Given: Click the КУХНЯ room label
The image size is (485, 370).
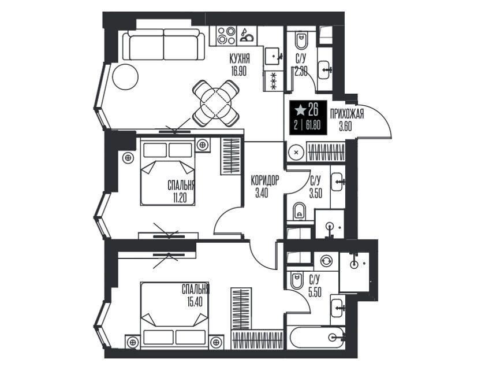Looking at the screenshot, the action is coord(240,58).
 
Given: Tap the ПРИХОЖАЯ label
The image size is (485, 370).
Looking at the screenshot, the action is coord(347,114).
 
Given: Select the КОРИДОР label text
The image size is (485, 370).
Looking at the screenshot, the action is coord(265,180).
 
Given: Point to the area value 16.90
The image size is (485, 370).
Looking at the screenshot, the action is coord(238,71).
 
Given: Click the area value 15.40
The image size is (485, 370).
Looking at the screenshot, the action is coord(195,302).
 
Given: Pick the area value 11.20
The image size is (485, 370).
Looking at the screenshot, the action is coord(180,198).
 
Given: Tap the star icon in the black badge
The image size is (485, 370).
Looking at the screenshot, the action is coord(300,110).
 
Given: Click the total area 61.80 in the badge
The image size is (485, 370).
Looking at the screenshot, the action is coord(313,125).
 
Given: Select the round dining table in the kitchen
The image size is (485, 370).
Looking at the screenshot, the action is coord(215,103).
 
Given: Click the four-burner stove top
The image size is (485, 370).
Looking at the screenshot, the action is coord(226,36).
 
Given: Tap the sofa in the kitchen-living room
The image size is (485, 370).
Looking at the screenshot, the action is coord(163,46).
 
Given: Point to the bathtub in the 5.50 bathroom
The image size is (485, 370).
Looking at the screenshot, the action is coord(317,338).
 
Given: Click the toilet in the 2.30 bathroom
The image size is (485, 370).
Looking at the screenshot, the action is coord(301,40).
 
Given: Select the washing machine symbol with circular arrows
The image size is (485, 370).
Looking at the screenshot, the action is coord(326,261).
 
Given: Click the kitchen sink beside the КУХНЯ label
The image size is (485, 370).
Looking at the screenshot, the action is coord(273,56).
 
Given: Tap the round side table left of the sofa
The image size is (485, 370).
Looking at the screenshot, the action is coord(125,77).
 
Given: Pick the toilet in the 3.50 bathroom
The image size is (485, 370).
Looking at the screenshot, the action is coord(299,211).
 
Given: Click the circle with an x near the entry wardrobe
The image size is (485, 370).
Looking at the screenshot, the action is coord(296,152).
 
